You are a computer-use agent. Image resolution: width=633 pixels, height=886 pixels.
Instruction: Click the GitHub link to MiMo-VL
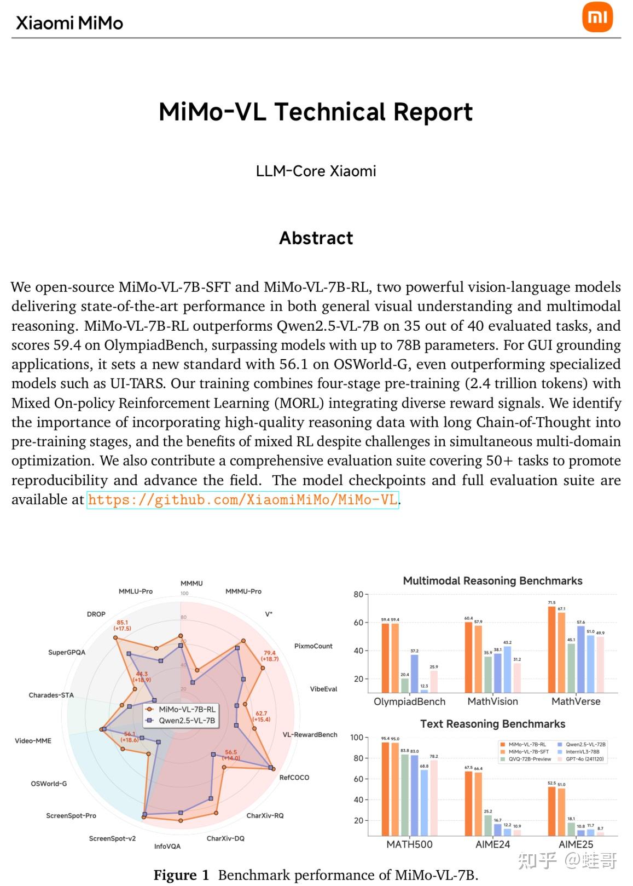coord(242,500)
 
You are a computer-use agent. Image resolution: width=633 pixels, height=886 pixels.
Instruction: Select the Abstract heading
coord(316,238)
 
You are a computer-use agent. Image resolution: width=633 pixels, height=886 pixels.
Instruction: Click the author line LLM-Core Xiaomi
coord(316,171)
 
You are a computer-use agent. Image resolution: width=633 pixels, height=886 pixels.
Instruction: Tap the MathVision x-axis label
coord(492,702)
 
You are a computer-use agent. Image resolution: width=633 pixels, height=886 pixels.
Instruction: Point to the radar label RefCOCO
coord(294,778)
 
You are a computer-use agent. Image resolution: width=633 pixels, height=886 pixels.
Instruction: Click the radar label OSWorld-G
coord(49,784)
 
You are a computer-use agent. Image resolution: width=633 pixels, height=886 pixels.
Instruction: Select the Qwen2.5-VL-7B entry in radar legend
coord(187,721)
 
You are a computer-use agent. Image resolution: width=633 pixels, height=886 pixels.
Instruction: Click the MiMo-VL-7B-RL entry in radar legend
coord(187,709)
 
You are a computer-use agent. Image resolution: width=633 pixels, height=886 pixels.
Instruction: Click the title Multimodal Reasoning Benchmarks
coord(492,581)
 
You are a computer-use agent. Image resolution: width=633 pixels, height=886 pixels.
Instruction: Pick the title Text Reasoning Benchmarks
coord(492,724)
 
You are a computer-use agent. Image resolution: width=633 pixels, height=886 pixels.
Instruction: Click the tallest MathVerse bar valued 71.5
coord(551,649)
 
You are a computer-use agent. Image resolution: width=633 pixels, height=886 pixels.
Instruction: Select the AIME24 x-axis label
coord(492,845)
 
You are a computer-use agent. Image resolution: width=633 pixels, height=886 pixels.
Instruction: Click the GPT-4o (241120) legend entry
coord(585,760)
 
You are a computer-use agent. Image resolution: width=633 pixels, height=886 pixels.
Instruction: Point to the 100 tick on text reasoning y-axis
coord(357,738)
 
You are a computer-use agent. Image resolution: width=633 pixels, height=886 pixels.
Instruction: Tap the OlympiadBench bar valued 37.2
coord(414,674)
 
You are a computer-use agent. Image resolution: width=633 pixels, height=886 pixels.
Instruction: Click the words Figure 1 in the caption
coord(181,875)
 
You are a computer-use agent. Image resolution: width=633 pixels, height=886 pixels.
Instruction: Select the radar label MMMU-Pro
coord(243,591)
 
